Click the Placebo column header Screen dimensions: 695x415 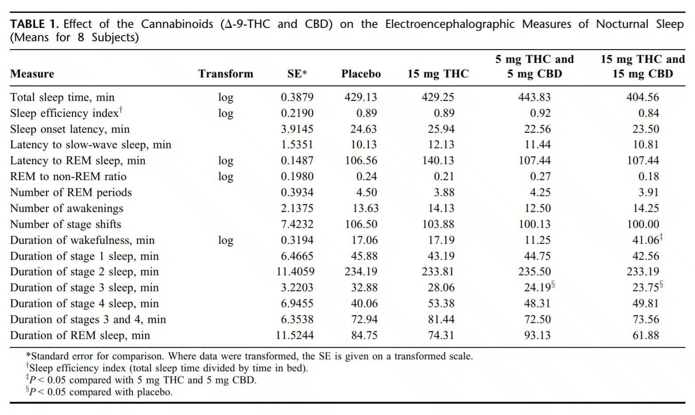pos(361,74)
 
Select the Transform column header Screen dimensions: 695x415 pos(226,74)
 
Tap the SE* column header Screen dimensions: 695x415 pos(297,74)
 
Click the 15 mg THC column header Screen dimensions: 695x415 pos(438,74)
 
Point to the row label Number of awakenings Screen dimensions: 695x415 pos(66,208)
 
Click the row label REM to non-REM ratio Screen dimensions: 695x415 pos(68,177)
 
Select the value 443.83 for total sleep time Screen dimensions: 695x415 pos(534,97)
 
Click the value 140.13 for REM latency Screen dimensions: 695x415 pos(438,161)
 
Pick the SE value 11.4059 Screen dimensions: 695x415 pos(295,272)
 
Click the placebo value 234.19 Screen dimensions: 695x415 pos(361,272)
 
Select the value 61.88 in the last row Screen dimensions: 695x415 pos(646,335)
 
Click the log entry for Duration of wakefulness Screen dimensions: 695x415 pos(226,240)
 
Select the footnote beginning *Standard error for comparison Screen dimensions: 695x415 pos(250,356)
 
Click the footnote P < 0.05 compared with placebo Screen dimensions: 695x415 pos(99,392)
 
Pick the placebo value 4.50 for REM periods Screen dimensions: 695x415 pos(367,192)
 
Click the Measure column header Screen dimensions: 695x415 pos(32,74)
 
